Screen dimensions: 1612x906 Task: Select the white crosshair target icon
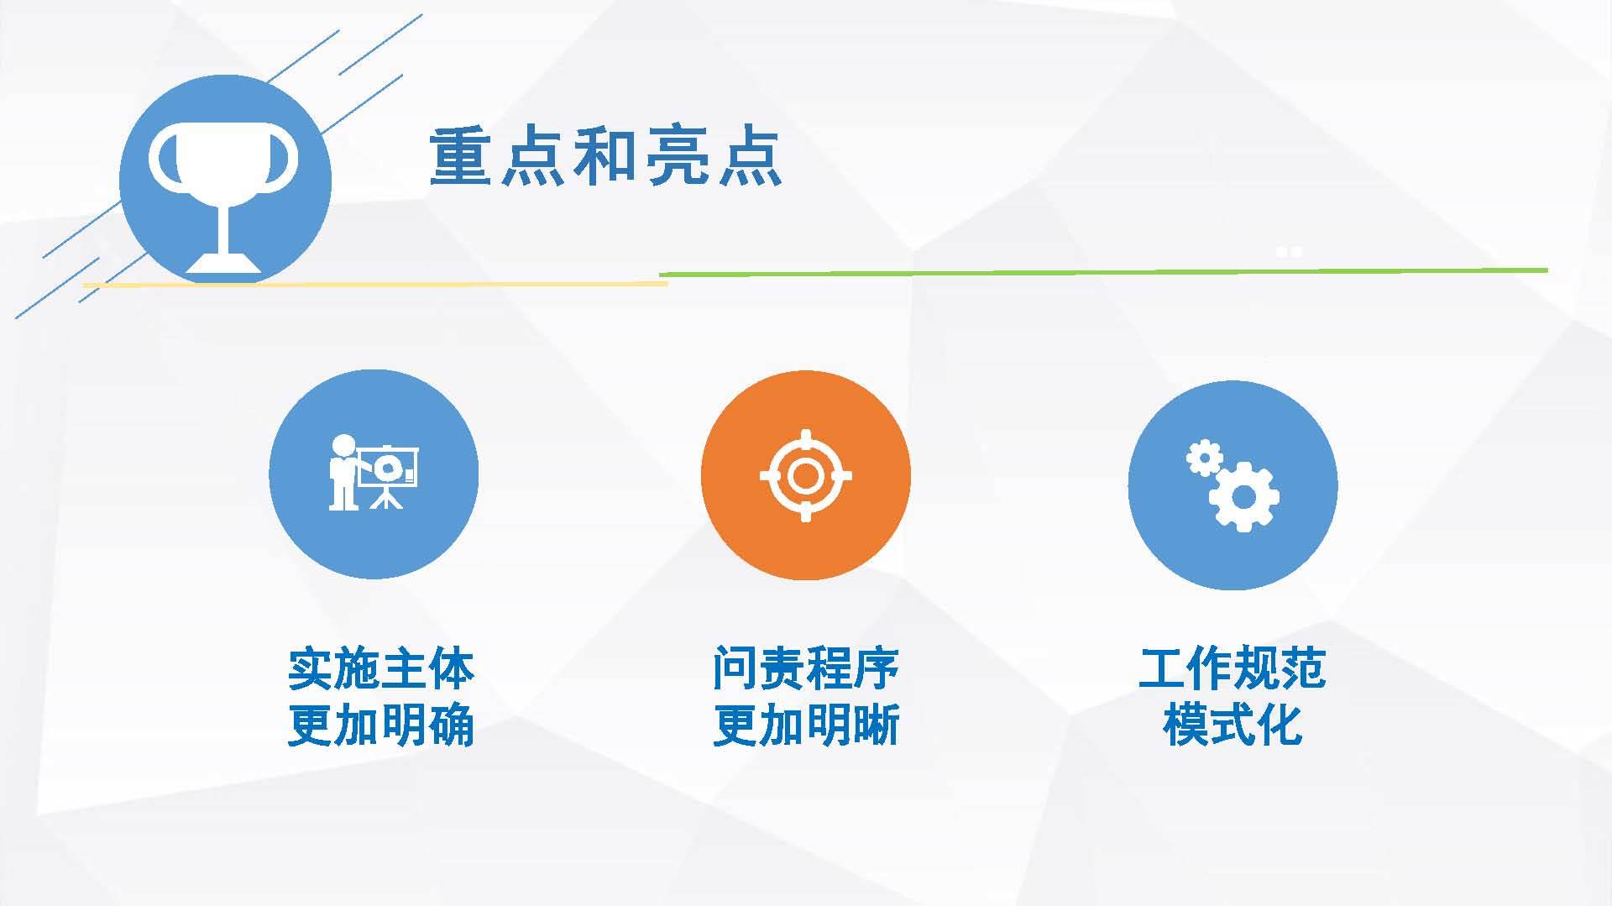(x=806, y=475)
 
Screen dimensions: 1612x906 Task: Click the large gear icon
(x=1243, y=496)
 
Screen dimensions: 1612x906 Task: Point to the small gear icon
(x=1203, y=458)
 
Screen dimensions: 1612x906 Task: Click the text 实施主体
(x=381, y=668)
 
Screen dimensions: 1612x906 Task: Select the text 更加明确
(x=381, y=725)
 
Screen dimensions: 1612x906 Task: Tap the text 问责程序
(x=806, y=668)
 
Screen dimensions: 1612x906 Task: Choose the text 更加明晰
(x=806, y=725)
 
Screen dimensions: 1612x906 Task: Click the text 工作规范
(x=1233, y=668)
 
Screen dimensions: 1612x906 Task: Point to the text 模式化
(x=1233, y=725)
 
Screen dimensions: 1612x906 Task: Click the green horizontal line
(x=1103, y=272)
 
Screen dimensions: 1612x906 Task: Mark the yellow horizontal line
(x=374, y=285)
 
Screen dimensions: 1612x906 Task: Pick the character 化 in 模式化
(x=1280, y=725)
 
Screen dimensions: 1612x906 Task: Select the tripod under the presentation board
(x=386, y=498)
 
